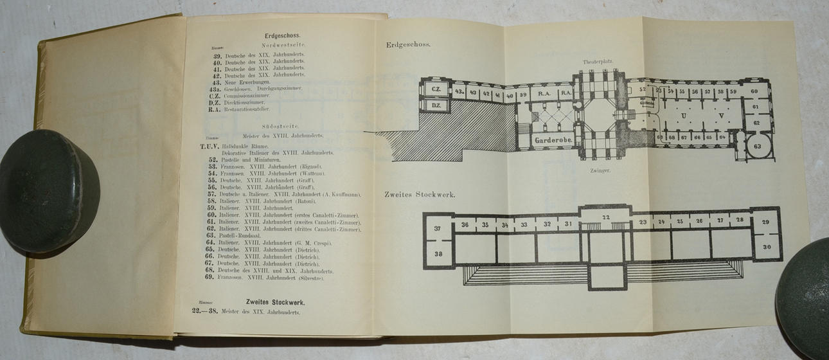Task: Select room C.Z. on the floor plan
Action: (x=436, y=89)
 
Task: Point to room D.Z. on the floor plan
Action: (x=435, y=105)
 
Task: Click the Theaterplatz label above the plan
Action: (x=598, y=61)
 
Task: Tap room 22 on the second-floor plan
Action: (x=605, y=217)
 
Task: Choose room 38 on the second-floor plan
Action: (x=438, y=253)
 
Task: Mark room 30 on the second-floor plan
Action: (x=767, y=247)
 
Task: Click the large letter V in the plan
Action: (x=722, y=116)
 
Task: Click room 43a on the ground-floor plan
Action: (x=459, y=92)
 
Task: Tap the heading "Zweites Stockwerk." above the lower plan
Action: (x=420, y=194)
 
